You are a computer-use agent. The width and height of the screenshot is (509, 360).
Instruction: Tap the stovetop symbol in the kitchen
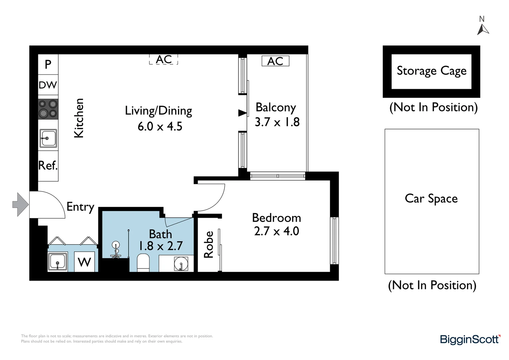48,109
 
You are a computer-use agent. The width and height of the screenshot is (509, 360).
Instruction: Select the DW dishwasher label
48,85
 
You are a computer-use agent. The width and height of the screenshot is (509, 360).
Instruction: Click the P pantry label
48,64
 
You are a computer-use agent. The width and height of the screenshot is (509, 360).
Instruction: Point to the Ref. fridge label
48,165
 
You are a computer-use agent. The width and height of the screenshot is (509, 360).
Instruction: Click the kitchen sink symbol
48,138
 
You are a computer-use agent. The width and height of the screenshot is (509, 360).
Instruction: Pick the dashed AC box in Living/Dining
164,59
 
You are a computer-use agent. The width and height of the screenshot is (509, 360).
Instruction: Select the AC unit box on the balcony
275,61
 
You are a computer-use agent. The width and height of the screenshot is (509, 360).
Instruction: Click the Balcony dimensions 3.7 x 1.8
277,122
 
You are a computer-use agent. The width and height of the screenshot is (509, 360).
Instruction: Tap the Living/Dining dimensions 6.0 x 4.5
160,127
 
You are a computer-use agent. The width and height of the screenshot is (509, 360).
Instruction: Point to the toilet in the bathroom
144,262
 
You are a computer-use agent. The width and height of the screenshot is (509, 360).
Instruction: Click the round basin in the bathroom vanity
181,264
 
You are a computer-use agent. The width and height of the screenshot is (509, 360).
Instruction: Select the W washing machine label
84,262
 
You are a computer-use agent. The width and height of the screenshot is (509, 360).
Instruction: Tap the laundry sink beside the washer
58,262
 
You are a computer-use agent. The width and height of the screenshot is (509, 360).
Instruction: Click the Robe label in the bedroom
209,244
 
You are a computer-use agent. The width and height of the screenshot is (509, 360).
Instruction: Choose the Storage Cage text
431,71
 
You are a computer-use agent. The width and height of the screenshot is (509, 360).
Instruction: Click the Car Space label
431,199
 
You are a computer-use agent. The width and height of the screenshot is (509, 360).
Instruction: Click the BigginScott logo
470,339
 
